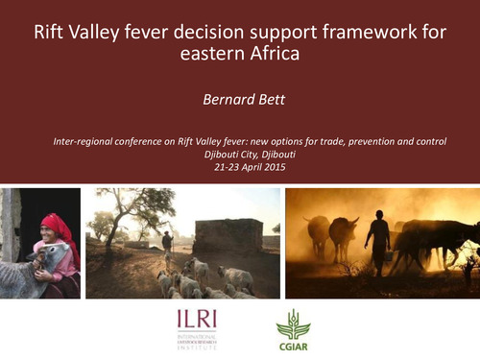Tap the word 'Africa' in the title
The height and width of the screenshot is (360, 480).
pyautogui.click(x=272, y=55)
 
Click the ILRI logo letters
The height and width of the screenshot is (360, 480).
pyautogui.click(x=197, y=322)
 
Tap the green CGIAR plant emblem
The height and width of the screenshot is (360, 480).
pyautogui.click(x=291, y=322)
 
